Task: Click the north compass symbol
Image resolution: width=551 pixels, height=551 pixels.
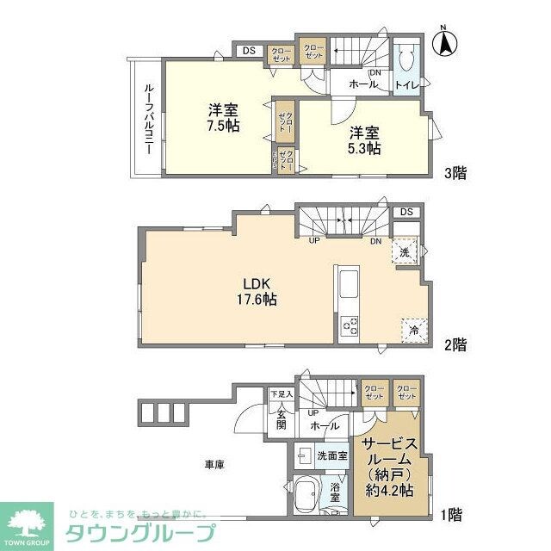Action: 447,43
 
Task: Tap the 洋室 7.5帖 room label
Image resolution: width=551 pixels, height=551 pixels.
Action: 223,118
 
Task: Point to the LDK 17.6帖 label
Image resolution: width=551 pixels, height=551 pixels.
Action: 257,291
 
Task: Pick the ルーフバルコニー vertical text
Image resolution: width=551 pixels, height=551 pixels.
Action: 148,118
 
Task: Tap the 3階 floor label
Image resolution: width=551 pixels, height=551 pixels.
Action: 455,172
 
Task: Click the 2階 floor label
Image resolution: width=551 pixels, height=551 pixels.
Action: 455,344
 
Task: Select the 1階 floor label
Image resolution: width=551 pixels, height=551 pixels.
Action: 452,515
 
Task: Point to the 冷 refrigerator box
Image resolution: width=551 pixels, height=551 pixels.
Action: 412,328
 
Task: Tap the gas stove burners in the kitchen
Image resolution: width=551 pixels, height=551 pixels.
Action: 350,325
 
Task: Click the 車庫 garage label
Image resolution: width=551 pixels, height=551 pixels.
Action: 214,466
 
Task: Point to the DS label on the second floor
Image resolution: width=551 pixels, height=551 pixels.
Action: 406,212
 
